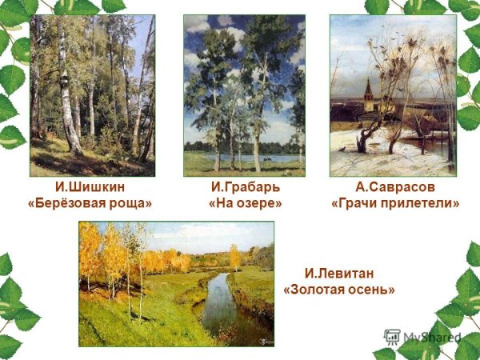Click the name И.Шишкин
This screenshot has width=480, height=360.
89,187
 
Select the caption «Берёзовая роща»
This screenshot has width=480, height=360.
89,203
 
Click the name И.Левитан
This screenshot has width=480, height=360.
339,273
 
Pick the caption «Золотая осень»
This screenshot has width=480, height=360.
339,289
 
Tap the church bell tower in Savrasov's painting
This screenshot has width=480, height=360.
368,96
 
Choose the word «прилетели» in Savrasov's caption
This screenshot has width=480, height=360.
421,203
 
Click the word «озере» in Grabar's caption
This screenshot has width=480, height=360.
256,203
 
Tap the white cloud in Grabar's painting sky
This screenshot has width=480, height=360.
232,36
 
